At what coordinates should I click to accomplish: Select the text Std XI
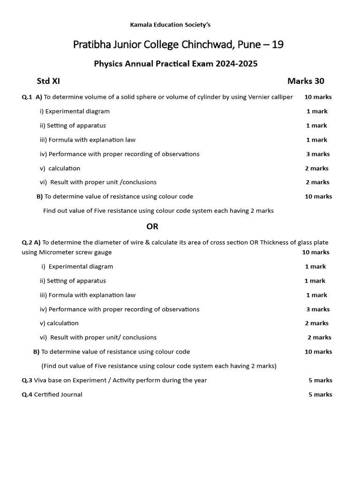[48, 81]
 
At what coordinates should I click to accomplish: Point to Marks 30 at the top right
[306, 81]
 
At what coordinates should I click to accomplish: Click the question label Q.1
[27, 97]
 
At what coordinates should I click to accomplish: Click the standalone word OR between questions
[152, 226]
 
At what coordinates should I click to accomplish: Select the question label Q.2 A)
[31, 242]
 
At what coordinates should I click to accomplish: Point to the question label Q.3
[27, 380]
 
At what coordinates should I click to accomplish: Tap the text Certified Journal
[58, 395]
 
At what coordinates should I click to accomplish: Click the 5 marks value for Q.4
[320, 395]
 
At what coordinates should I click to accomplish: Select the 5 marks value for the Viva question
[320, 380]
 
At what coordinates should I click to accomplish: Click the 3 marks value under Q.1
[318, 154]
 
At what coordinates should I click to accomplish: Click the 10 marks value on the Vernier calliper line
[318, 97]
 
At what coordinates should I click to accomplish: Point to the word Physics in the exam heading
[108, 64]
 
